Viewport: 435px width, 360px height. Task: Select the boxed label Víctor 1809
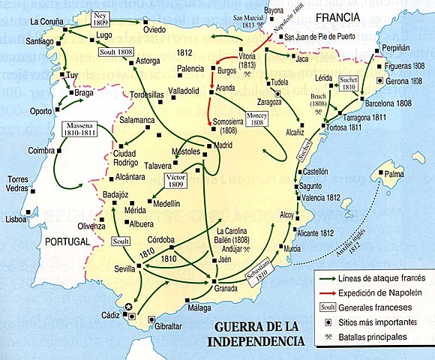tap(174, 181)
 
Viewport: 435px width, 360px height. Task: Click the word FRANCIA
tap(340, 16)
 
